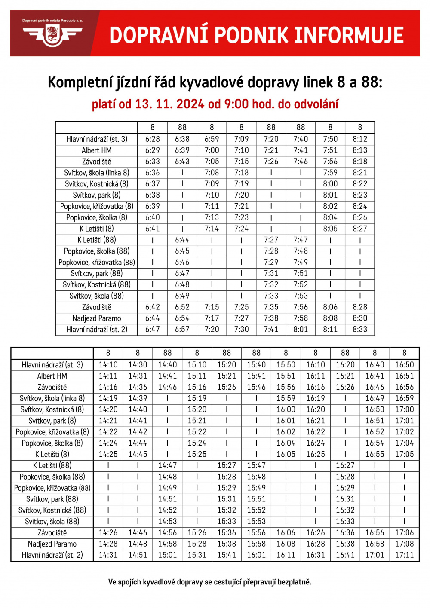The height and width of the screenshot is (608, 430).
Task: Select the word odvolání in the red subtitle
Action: tap(318, 104)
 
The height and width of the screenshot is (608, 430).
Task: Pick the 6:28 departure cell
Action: tap(153, 139)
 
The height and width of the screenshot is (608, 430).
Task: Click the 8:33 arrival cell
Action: tap(360, 330)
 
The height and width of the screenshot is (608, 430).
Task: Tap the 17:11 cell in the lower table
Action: tap(404, 555)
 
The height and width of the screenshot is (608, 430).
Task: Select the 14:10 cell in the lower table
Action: tap(108, 365)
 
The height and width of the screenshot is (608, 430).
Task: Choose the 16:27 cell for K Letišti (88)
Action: tap(345, 465)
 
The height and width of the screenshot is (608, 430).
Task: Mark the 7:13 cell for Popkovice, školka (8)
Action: tap(212, 217)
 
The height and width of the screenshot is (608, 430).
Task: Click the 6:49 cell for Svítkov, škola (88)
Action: tap(182, 296)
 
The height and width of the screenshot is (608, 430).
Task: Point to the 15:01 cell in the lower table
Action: tap(167, 555)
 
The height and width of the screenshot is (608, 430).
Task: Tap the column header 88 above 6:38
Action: tap(182, 127)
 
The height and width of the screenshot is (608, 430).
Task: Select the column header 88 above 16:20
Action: tap(345, 353)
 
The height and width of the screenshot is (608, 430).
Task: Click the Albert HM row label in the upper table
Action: tap(96, 150)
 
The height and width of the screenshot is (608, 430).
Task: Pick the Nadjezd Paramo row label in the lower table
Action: tap(52, 544)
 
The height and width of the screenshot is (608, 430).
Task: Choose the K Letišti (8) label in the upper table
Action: tap(96, 229)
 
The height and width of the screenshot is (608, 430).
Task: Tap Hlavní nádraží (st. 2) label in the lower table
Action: tap(52, 555)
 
